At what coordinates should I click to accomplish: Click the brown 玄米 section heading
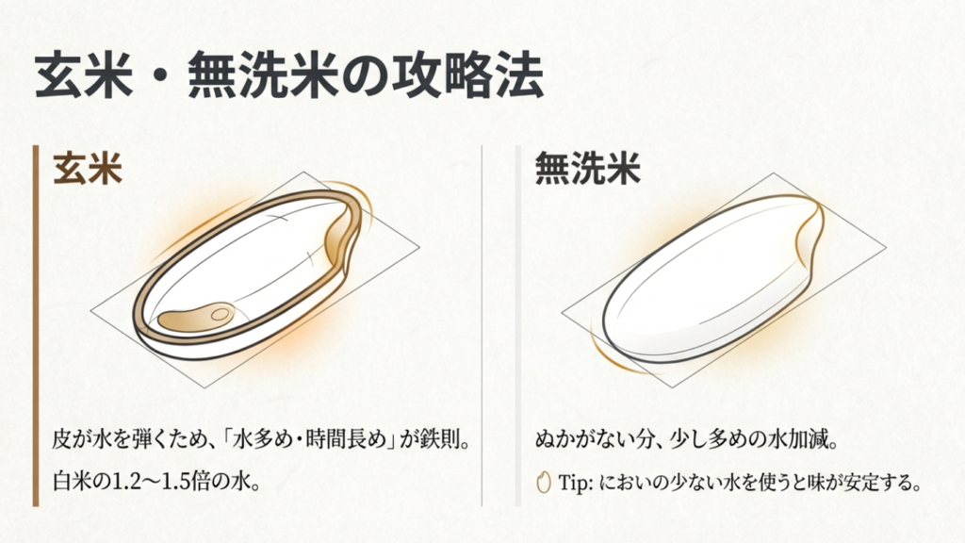click(x=88, y=168)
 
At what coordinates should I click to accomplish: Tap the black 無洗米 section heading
click(x=588, y=168)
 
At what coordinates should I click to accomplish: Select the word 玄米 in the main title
click(x=84, y=75)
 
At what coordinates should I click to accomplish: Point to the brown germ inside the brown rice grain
click(x=196, y=315)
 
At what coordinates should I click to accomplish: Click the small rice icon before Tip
click(x=543, y=482)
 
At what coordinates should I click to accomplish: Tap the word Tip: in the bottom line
click(x=575, y=482)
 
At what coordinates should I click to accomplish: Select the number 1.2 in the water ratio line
click(x=124, y=481)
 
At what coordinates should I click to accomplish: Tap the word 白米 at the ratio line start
click(x=73, y=481)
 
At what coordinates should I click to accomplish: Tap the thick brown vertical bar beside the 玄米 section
click(x=36, y=325)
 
